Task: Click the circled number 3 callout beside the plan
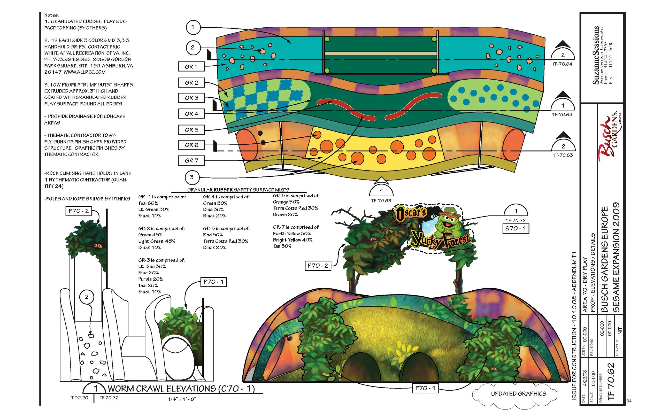[x=192, y=177]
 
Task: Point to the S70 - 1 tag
[x=516, y=229]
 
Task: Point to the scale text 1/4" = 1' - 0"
[x=182, y=399]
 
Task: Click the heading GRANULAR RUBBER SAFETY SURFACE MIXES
[x=238, y=190]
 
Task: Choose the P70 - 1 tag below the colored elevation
[x=425, y=388]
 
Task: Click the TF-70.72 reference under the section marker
[x=516, y=221]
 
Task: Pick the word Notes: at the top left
[x=52, y=15]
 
